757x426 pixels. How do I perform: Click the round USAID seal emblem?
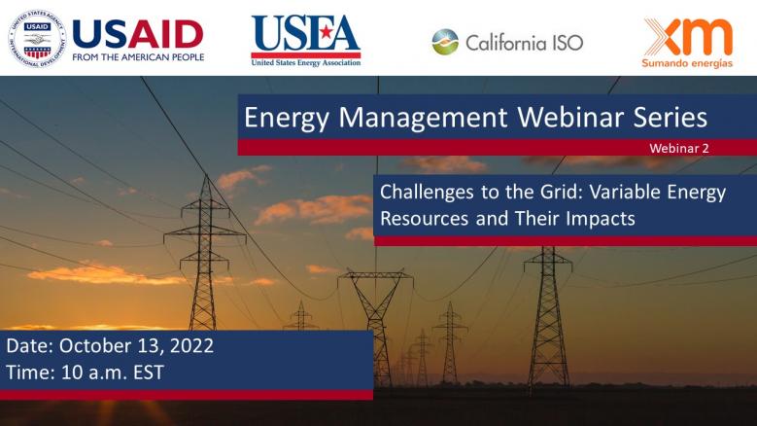(x=37, y=36)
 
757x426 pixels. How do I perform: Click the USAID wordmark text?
(x=137, y=33)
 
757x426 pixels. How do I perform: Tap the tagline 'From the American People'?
(x=137, y=57)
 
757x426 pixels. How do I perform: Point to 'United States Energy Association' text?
(x=305, y=63)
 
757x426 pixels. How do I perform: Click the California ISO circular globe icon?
(x=445, y=42)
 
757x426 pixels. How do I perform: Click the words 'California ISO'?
(x=524, y=43)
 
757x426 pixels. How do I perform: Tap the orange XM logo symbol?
(x=688, y=35)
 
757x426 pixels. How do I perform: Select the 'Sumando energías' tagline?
(x=688, y=61)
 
